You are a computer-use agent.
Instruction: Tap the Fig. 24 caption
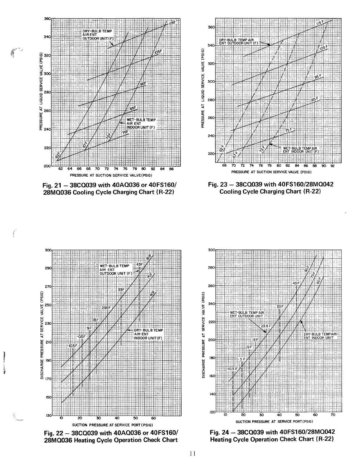(272, 436)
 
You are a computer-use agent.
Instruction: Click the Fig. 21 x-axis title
(111, 175)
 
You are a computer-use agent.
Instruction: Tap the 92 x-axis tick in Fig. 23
(332, 165)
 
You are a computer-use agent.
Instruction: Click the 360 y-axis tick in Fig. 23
(211, 27)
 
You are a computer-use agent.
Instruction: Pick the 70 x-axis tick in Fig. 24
(333, 415)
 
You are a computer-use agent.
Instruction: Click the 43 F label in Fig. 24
(296, 283)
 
